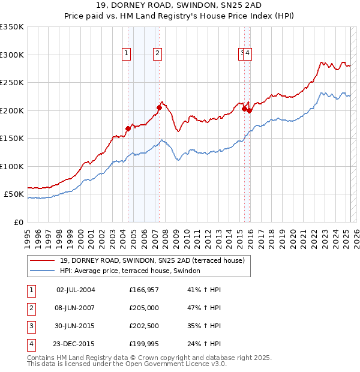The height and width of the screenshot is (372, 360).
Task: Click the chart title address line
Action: (179, 8)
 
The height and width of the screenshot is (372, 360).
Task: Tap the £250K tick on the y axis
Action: (11, 83)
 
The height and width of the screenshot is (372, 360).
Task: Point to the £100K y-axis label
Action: (11, 166)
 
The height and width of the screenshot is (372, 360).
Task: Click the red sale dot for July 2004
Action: (128, 128)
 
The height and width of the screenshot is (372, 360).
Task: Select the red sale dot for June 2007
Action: (159, 107)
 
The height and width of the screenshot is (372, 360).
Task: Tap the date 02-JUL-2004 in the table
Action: (76, 290)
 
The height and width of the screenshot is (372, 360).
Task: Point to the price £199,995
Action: (143, 344)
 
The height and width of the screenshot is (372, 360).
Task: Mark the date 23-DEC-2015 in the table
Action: (76, 344)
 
